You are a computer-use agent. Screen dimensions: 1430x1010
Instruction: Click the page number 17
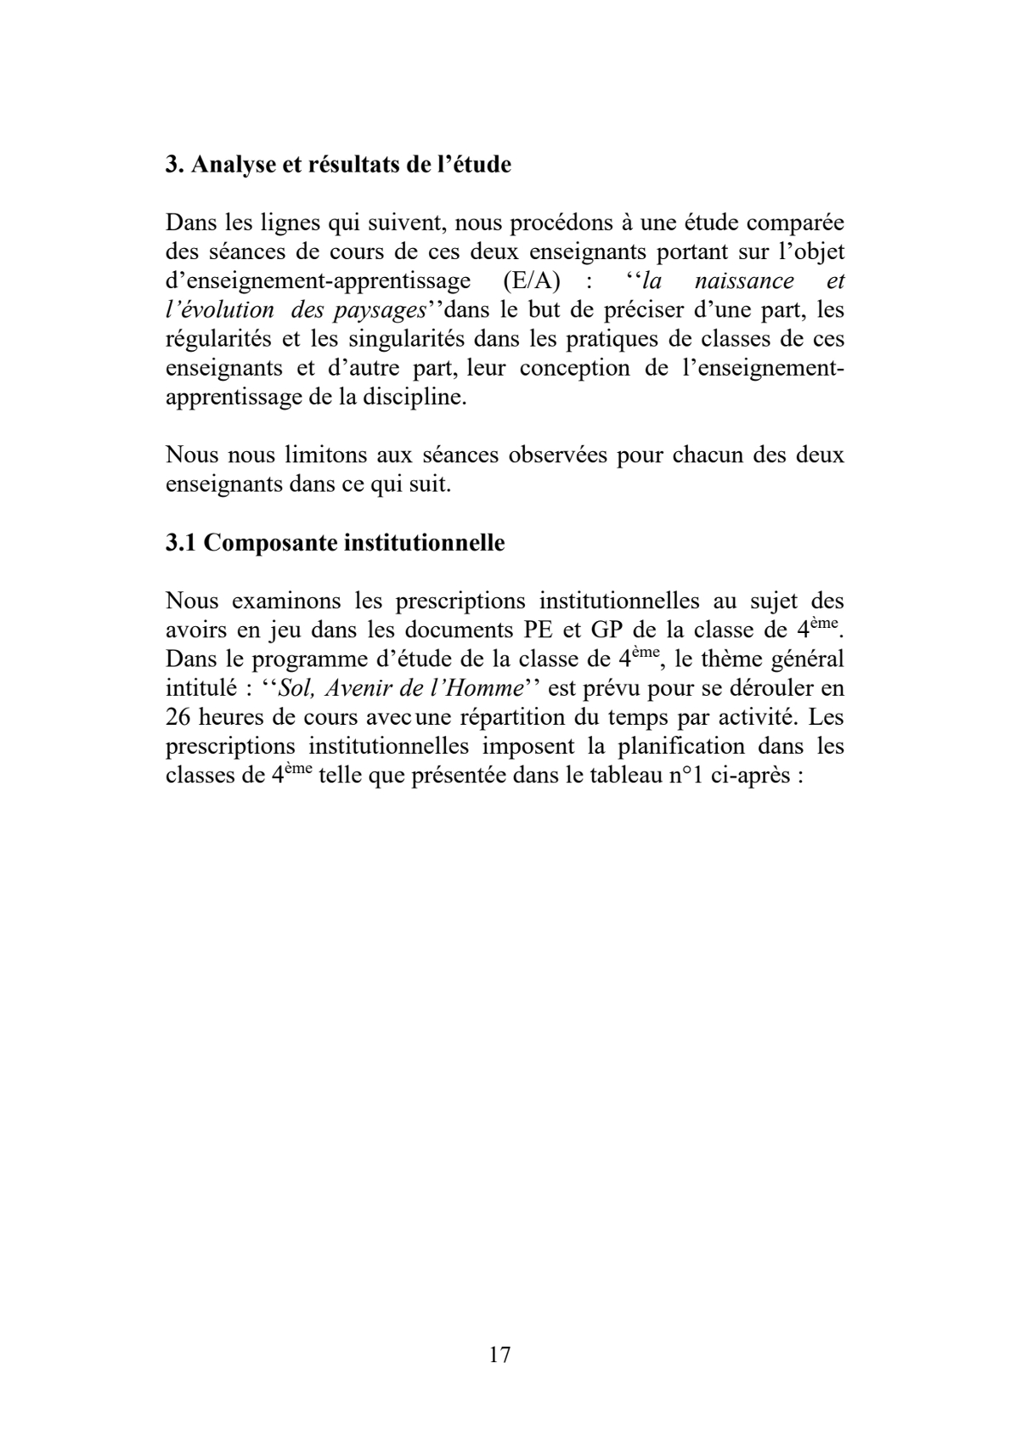click(x=500, y=1354)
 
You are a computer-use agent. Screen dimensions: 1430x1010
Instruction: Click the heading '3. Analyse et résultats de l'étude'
click(x=338, y=165)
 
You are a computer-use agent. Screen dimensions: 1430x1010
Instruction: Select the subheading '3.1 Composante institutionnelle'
click(x=335, y=543)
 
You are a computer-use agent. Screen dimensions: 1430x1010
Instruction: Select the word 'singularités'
click(x=407, y=339)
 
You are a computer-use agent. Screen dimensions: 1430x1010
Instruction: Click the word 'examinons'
click(x=284, y=602)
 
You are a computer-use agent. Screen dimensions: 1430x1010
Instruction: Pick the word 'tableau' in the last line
click(x=625, y=775)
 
